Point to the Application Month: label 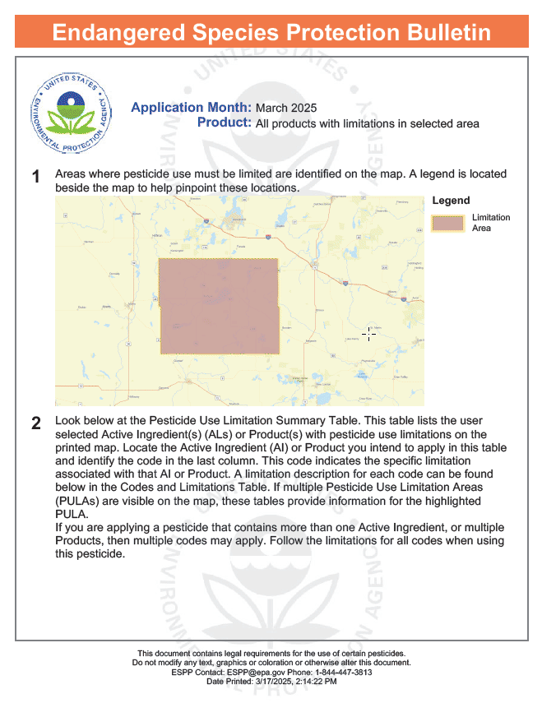191,108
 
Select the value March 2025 286,109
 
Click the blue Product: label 224,123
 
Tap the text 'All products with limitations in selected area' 367,123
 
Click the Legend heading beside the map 451,201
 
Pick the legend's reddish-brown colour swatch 448,223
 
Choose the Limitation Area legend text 490,223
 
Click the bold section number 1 36,177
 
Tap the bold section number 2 36,424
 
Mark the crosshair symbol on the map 369,334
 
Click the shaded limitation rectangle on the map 219,306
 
